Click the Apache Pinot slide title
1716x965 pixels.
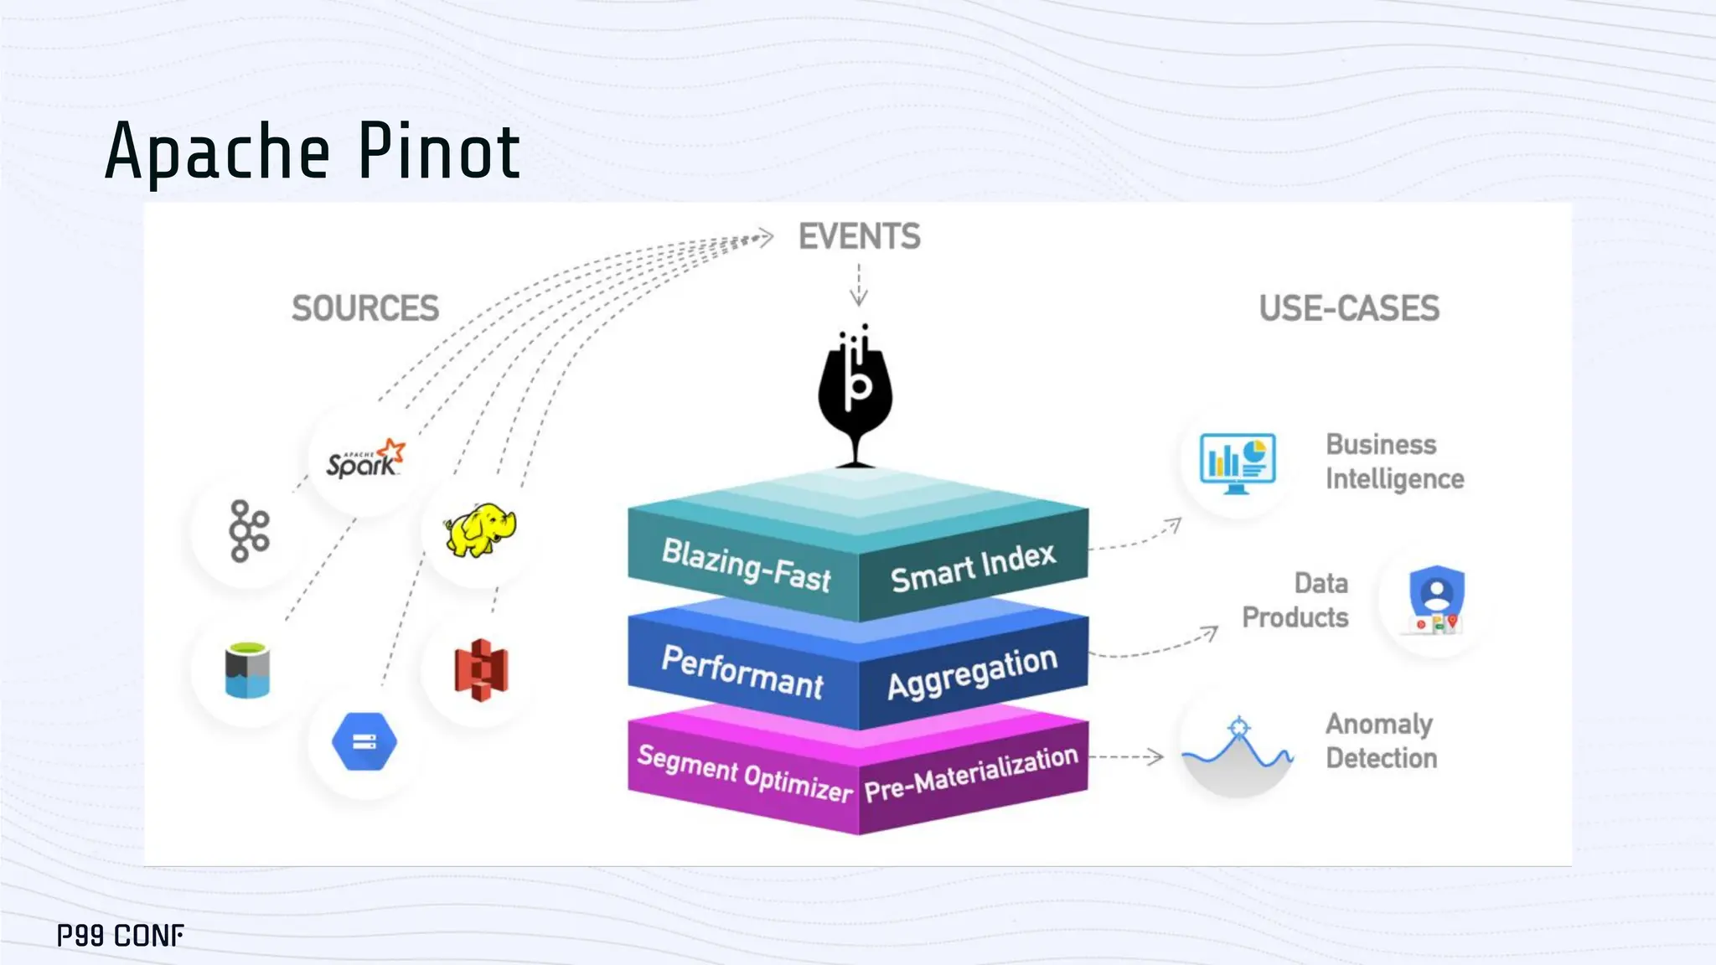coord(313,152)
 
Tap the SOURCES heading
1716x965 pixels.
coord(365,308)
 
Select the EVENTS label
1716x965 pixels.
coord(859,236)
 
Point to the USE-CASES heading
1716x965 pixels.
coord(1349,308)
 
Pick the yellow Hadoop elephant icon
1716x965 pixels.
coord(480,530)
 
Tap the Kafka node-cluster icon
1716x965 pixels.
coord(249,531)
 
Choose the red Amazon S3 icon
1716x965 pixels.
coord(481,669)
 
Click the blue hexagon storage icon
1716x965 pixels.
coord(364,741)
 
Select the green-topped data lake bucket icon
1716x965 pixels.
coord(247,670)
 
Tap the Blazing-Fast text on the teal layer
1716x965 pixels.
coord(746,565)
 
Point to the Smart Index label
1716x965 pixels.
coord(973,567)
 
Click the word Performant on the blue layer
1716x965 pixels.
coord(742,672)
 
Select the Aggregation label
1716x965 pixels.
coord(972,672)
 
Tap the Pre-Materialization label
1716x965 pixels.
coord(971,773)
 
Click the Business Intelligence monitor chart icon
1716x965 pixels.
coord(1238,462)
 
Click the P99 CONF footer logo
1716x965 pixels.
coord(121,935)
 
